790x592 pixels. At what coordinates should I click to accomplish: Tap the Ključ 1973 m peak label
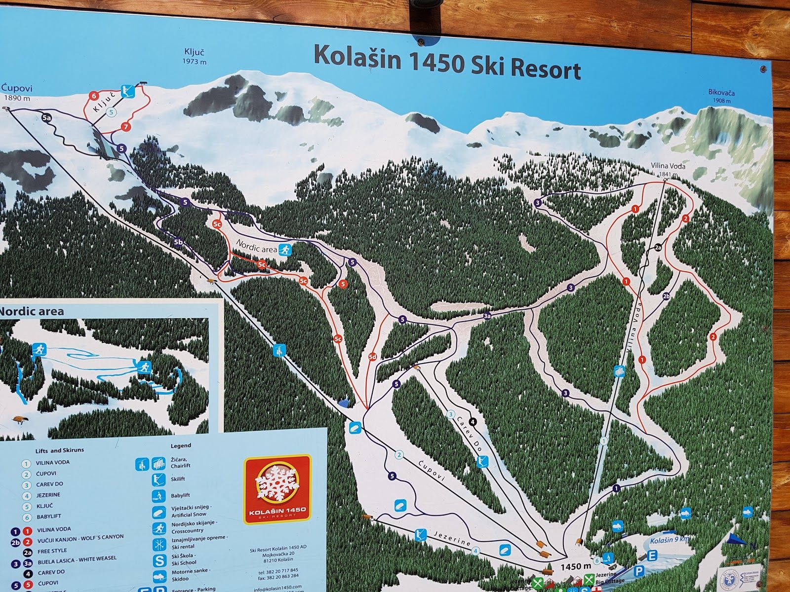coord(194,56)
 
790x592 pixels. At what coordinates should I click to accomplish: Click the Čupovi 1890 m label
coord(16,93)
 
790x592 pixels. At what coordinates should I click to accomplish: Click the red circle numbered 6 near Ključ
coord(93,96)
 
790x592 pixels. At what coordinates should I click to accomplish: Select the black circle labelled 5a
coord(47,118)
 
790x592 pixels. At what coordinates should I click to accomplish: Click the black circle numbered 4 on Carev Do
coord(473,421)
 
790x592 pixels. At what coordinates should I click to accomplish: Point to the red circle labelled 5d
coord(373,356)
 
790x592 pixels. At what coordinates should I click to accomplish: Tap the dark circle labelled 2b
coord(666,296)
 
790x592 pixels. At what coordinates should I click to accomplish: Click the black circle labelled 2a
coord(658,247)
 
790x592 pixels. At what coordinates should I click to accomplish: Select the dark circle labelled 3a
coord(488,316)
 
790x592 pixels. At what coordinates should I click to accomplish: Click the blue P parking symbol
coord(639,571)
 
